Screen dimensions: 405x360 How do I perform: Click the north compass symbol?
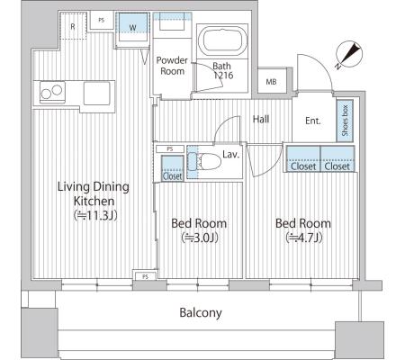pos(349,55)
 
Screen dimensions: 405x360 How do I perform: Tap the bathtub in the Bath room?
pos(222,41)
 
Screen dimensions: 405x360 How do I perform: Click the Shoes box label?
pos(345,121)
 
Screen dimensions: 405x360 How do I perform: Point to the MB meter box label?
pos(271,82)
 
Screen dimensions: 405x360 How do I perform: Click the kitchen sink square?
pos(96,93)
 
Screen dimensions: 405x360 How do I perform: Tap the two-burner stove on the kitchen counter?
pos(52,92)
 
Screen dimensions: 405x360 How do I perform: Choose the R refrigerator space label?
pos(73,27)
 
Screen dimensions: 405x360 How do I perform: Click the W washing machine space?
pos(132,28)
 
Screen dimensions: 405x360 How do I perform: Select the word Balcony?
pos(201,313)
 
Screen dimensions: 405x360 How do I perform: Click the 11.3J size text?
pos(95,215)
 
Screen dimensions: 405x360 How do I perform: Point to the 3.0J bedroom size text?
pos(199,238)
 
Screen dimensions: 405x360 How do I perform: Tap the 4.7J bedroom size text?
pos(303,238)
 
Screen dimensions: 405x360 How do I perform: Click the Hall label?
pos(261,119)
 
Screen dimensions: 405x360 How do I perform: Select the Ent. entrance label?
pos(313,121)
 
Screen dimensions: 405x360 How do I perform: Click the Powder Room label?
pos(172,66)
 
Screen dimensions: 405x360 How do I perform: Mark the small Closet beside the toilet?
pos(173,168)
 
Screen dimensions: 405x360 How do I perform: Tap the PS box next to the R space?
pos(102,21)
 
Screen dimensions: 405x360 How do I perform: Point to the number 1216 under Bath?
pos(223,76)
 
